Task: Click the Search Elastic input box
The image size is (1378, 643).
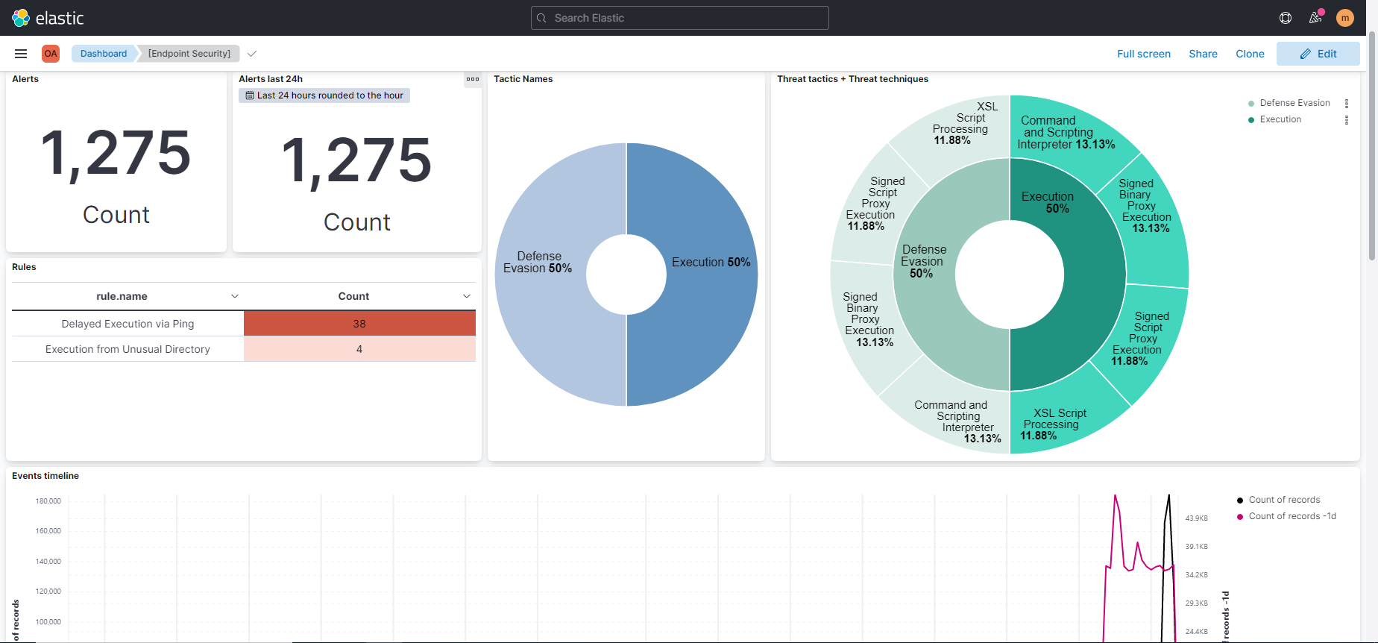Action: [679, 18]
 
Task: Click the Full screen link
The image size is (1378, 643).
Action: [1143, 54]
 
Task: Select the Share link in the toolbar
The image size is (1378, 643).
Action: [1203, 54]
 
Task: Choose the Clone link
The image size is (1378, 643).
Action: [1250, 54]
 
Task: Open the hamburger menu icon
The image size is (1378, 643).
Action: [21, 54]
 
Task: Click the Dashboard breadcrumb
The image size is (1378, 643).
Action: [104, 54]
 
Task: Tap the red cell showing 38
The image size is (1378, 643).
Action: [359, 324]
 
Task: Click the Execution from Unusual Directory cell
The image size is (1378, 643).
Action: [128, 349]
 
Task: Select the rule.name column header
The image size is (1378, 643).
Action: [122, 296]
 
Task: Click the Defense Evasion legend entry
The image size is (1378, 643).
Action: [1294, 103]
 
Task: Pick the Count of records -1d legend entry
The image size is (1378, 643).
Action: [1292, 516]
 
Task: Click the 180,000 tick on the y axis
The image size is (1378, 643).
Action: [48, 501]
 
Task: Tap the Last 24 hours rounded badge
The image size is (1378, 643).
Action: [324, 95]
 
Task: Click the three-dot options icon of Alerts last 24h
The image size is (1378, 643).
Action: [473, 79]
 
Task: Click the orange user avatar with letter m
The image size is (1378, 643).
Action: [1344, 18]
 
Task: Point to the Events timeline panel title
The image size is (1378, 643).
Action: [45, 476]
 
